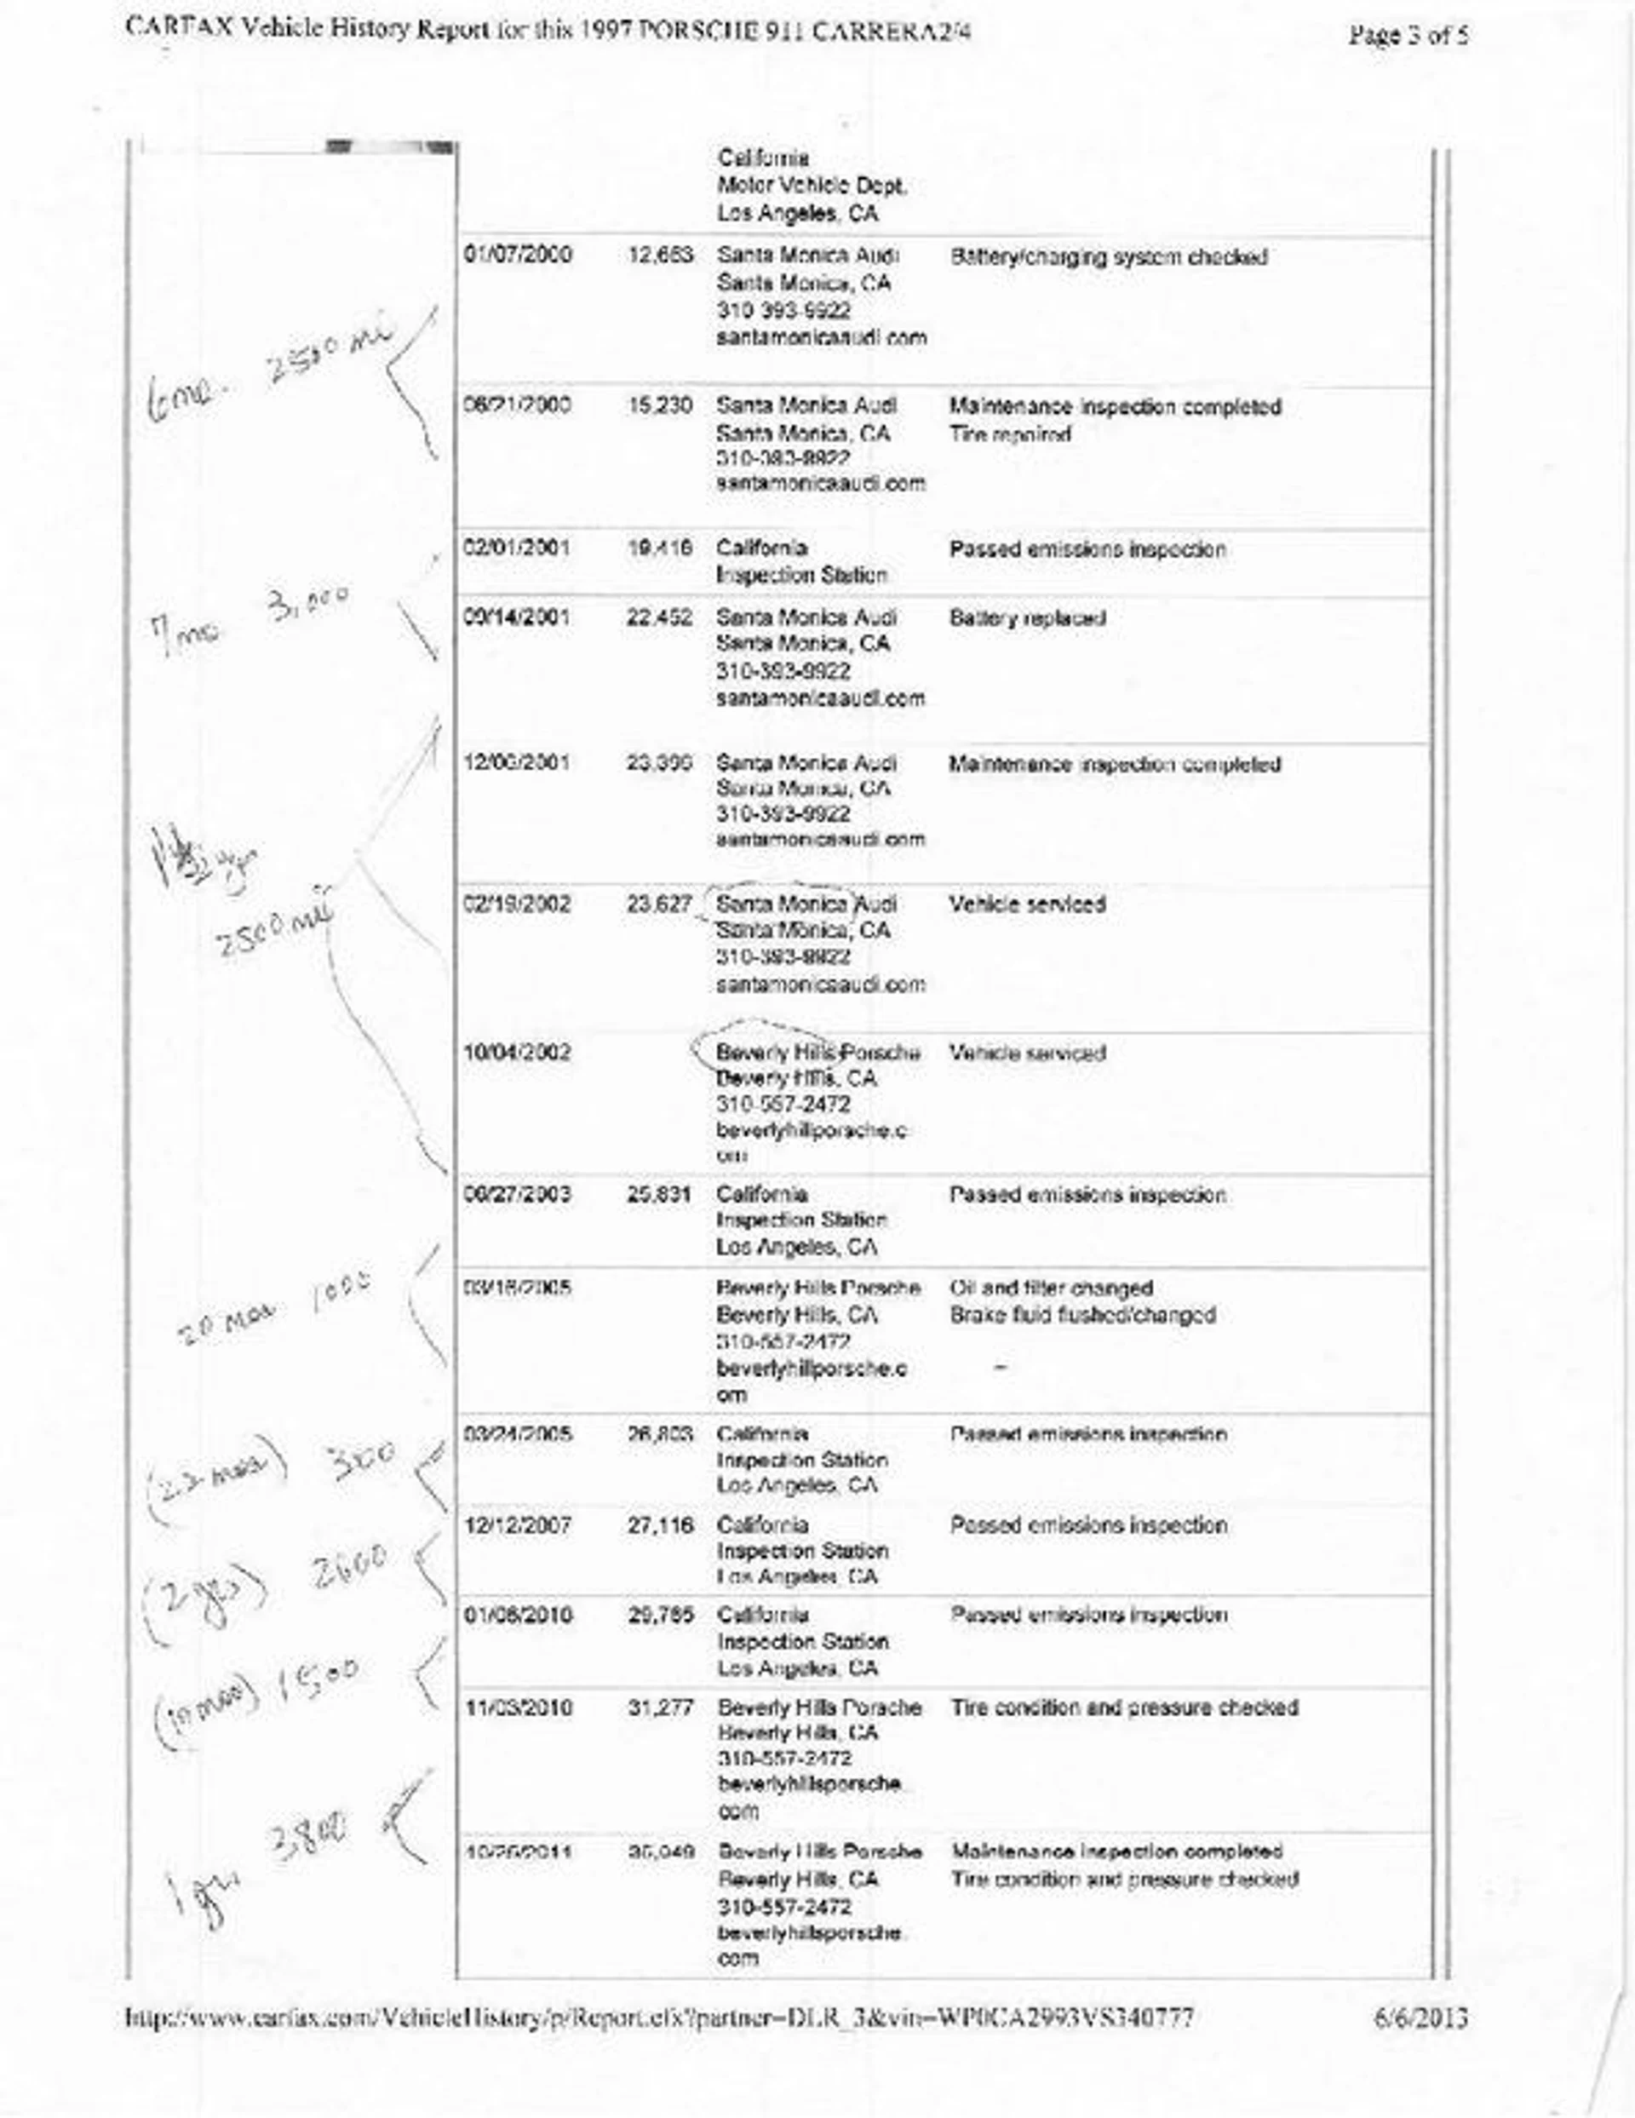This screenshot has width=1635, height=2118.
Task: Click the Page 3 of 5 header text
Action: pos(1406,36)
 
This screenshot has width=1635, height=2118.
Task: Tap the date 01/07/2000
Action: pos(518,255)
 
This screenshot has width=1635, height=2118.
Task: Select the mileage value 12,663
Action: pos(661,255)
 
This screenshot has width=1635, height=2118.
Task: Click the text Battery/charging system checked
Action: pos(1109,257)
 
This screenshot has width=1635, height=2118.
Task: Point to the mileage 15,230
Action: pos(661,405)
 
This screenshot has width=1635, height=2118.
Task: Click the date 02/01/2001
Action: pos(518,548)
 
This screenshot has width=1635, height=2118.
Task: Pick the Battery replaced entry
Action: pos(1027,617)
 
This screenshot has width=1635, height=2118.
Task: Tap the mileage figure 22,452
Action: pos(661,617)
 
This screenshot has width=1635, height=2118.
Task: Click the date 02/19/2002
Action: pos(518,904)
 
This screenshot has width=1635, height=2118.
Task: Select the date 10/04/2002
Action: pos(518,1053)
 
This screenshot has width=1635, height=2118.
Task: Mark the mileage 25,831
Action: pos(661,1195)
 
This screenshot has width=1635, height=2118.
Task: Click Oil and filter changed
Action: pos(1051,1288)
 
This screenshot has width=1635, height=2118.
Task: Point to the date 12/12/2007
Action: pos(518,1525)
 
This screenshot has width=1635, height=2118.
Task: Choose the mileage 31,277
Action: pos(661,1707)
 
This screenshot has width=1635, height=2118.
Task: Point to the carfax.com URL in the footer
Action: pos(659,2018)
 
